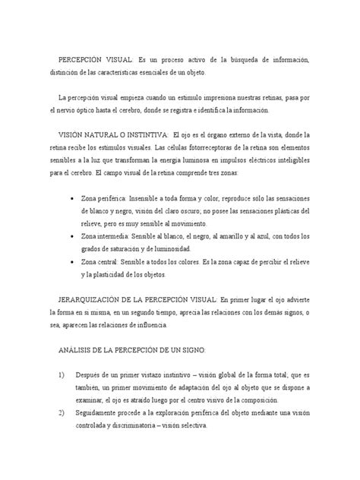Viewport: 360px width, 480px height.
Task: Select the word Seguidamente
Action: coord(101,414)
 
